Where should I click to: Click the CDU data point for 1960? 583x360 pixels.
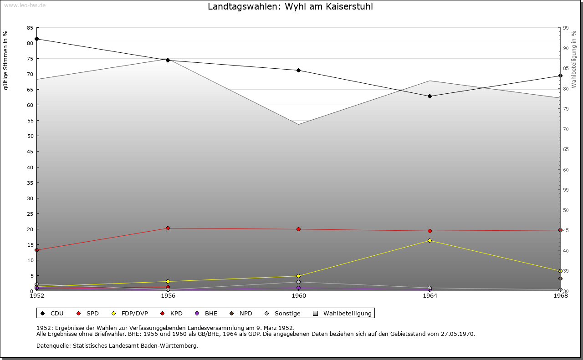click(x=298, y=70)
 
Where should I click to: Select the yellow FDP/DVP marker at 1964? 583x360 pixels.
click(x=430, y=241)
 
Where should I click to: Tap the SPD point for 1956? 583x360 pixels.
click(x=168, y=228)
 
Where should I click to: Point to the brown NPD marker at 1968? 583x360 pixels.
click(x=560, y=279)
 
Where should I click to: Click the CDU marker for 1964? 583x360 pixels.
click(x=430, y=96)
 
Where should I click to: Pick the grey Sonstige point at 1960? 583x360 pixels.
click(x=298, y=282)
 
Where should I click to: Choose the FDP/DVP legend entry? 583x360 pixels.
click(x=130, y=314)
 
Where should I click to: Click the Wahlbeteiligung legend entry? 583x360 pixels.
click(x=343, y=314)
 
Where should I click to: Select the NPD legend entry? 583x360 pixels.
click(x=241, y=314)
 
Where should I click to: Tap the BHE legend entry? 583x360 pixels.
click(x=206, y=314)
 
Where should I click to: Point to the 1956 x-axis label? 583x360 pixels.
click(x=168, y=296)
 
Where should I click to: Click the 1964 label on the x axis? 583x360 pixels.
click(x=430, y=296)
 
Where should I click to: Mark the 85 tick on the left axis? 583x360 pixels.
click(x=30, y=28)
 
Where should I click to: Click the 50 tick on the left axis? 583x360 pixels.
click(x=30, y=136)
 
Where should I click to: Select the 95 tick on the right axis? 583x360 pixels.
click(x=566, y=28)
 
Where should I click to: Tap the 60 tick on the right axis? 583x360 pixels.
click(x=566, y=170)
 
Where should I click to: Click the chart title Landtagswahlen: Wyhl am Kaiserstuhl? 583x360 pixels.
click(x=290, y=6)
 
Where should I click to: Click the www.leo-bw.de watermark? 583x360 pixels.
click(x=25, y=5)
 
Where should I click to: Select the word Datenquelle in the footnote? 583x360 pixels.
click(x=53, y=346)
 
